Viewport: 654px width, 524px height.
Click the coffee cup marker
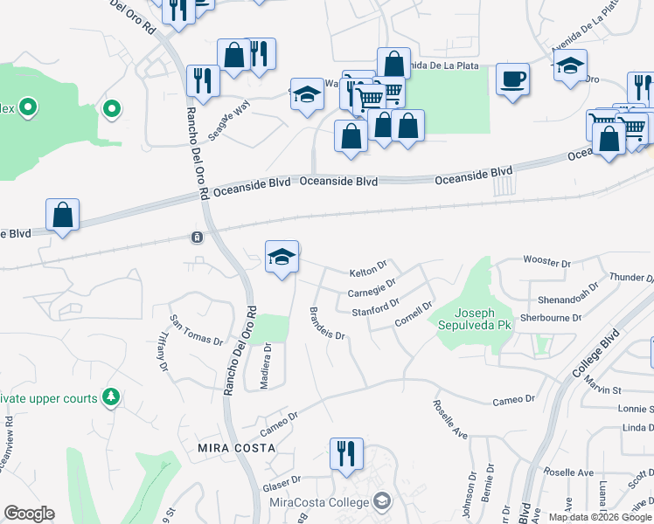click(x=512, y=79)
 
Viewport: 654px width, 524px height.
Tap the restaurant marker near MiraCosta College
click(x=346, y=454)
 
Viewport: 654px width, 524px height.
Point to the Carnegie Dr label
click(x=372, y=286)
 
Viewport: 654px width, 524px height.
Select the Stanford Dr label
click(x=375, y=307)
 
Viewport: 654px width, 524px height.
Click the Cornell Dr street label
click(x=414, y=314)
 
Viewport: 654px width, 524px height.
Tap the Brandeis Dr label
click(x=329, y=323)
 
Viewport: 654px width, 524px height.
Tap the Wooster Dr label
click(x=546, y=260)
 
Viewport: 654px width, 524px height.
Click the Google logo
click(x=29, y=514)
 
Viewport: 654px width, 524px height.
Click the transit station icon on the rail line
click(x=198, y=238)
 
